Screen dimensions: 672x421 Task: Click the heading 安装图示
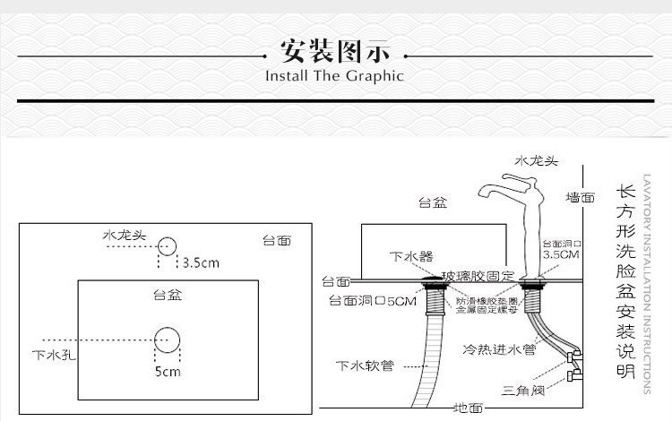coord(335,49)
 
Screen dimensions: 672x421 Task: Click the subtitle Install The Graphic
coord(335,75)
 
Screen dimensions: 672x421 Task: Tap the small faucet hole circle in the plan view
coord(168,245)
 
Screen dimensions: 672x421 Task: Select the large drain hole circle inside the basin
coord(168,339)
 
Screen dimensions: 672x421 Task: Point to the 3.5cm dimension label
coord(201,263)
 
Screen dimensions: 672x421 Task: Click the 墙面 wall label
coord(580,196)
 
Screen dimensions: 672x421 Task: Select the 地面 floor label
coord(468,408)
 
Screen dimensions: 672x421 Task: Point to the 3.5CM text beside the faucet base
coord(563,254)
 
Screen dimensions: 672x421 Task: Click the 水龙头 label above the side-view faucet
coord(537,161)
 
